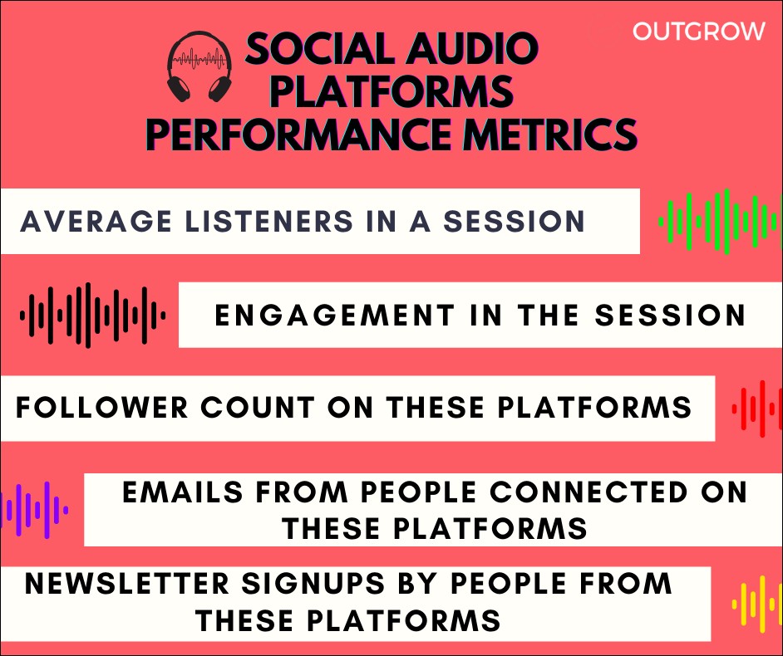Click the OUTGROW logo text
coord(698,32)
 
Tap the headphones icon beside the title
coord(199,67)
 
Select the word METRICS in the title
coord(549,134)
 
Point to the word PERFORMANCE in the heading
coord(299,134)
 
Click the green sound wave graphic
coord(720,222)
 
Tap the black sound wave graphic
coord(93,315)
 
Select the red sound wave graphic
coord(757,409)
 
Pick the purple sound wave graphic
coord(34,510)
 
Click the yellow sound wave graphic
coord(757,605)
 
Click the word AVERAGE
coord(96,222)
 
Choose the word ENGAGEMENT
coord(335,316)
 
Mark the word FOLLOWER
coord(102,408)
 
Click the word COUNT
coord(258,408)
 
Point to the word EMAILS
coord(183,492)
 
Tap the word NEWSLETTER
coord(127,584)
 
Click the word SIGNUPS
coord(313,584)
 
